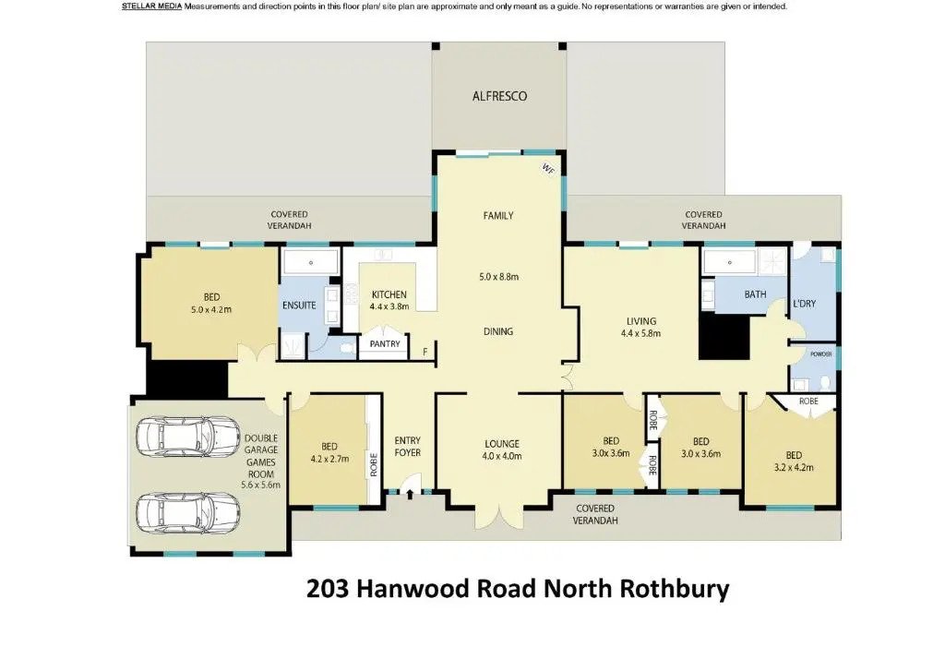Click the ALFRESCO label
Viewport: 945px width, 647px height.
click(x=499, y=96)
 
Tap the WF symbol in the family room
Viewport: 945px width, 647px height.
click(x=548, y=170)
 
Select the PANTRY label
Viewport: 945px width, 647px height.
click(x=385, y=343)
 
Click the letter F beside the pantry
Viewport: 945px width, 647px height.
click(x=425, y=351)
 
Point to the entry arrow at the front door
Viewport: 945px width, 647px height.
click(x=410, y=495)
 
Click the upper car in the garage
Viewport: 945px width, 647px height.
click(x=188, y=436)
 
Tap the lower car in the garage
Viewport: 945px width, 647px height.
click(x=188, y=512)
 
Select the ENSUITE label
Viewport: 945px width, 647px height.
click(x=299, y=306)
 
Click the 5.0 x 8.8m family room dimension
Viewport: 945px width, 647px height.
click(x=499, y=277)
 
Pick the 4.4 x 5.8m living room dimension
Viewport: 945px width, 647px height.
click(x=640, y=333)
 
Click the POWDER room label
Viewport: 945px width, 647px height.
click(x=820, y=353)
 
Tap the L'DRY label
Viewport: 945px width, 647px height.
click(x=804, y=304)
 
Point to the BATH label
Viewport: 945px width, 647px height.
click(x=755, y=294)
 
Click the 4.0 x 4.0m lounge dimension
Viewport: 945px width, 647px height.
click(x=502, y=456)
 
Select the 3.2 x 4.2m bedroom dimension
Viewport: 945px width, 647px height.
click(x=793, y=467)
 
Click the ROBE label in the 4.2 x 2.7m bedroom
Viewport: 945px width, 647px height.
click(x=374, y=464)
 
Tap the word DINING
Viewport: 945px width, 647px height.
click(x=498, y=331)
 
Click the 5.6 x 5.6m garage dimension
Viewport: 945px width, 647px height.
click(x=260, y=485)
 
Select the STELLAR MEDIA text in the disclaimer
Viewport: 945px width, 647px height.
click(x=152, y=6)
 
